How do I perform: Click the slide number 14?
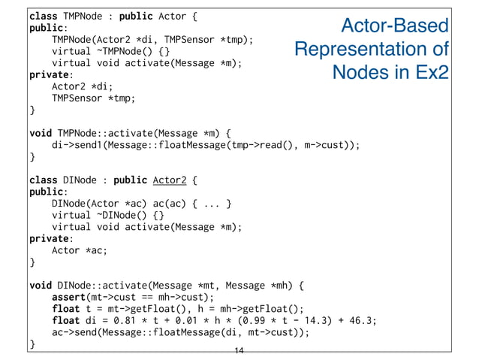(x=239, y=352)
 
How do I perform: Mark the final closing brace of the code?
(x=32, y=344)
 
